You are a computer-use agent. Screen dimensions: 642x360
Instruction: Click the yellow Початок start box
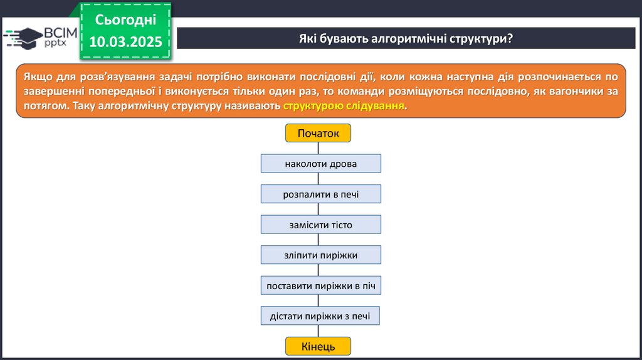[x=318, y=133]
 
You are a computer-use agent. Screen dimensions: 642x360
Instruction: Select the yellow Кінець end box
[x=318, y=346]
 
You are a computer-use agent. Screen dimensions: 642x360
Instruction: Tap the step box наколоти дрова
[x=320, y=164]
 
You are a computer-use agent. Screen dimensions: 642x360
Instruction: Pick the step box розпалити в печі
[x=320, y=194]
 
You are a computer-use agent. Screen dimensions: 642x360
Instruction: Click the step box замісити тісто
[x=320, y=225]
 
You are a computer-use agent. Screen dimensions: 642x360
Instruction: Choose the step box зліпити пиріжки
[x=320, y=255]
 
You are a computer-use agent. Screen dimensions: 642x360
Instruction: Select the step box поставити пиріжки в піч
[x=320, y=286]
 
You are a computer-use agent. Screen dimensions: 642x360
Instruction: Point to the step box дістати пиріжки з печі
[x=320, y=316]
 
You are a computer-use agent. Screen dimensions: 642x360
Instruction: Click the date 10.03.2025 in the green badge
[x=125, y=42]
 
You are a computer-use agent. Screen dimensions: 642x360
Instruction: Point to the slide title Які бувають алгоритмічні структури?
[x=406, y=38]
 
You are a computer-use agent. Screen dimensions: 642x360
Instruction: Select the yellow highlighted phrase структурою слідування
[x=344, y=106]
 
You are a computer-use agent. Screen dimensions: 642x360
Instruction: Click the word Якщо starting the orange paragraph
[x=39, y=77]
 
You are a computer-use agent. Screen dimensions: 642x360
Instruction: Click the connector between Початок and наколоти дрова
[x=318, y=148]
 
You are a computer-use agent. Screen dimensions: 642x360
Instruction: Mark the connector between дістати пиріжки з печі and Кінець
[x=318, y=331]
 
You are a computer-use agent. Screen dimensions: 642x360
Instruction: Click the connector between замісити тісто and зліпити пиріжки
[x=318, y=240]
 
